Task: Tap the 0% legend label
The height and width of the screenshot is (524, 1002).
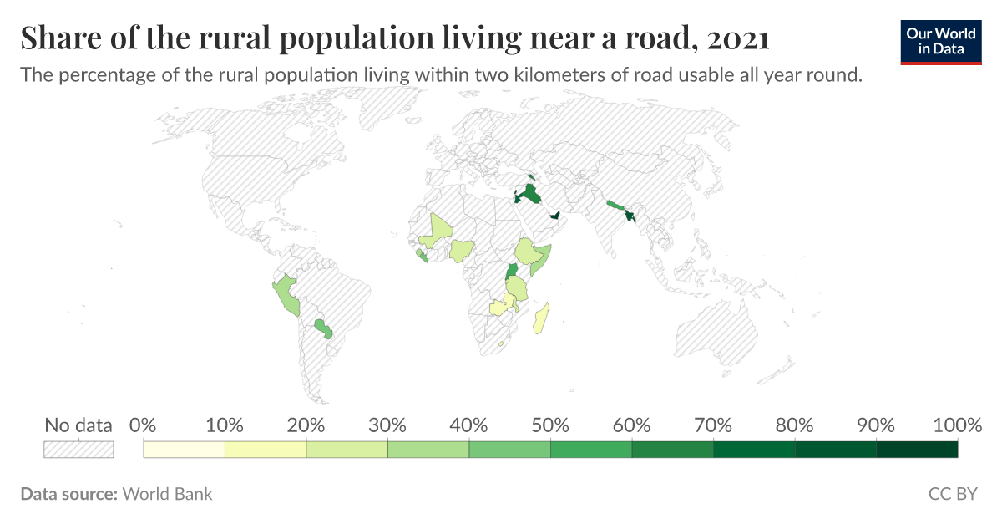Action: pyautogui.click(x=144, y=425)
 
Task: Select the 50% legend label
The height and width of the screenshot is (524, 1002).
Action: pyautogui.click(x=550, y=425)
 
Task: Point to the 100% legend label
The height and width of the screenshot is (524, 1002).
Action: pyautogui.click(x=957, y=425)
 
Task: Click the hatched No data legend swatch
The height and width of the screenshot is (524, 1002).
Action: pyautogui.click(x=78, y=450)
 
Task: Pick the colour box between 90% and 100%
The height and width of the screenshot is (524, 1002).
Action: pyautogui.click(x=917, y=450)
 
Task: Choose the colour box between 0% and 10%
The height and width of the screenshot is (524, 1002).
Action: pyautogui.click(x=185, y=450)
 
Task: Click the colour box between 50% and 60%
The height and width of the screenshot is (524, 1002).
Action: pyautogui.click(x=591, y=450)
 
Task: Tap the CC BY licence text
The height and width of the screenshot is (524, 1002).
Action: pyautogui.click(x=952, y=494)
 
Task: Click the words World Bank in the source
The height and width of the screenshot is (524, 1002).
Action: pyautogui.click(x=167, y=494)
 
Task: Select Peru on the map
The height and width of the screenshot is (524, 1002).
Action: pyautogui.click(x=286, y=293)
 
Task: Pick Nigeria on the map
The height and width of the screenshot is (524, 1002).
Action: pyautogui.click(x=462, y=249)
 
